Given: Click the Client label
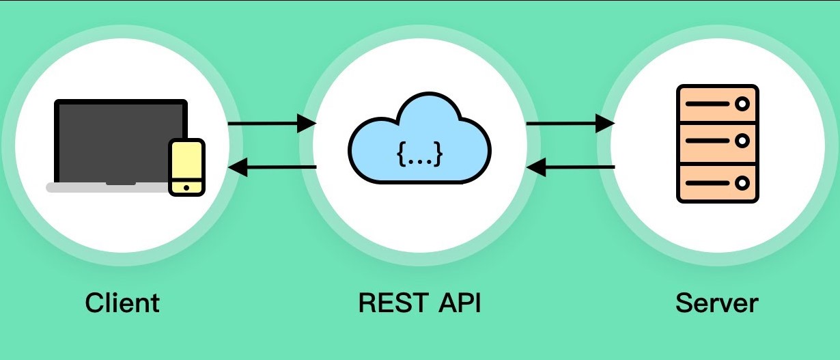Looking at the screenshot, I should [122, 303].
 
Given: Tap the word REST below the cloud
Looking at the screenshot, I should [388, 303].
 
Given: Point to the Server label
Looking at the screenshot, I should [717, 303].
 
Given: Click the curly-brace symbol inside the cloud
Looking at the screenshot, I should [419, 154].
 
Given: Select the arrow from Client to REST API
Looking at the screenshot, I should [271, 124].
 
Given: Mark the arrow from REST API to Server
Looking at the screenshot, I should [570, 124].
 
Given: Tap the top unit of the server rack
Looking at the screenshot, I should [717, 104].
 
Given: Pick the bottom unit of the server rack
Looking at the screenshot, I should [717, 183].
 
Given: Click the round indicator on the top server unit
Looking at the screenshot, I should [742, 104].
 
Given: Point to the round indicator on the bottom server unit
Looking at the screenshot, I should [742, 183].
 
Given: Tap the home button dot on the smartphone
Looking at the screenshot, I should [186, 187].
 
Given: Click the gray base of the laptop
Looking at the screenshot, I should [102, 188].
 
